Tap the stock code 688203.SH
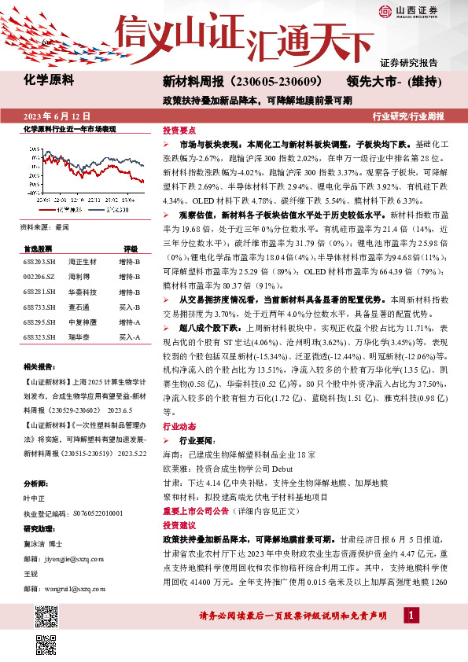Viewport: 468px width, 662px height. (x=39, y=261)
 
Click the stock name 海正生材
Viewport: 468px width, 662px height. (x=81, y=261)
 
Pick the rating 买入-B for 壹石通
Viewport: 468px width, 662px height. (x=129, y=307)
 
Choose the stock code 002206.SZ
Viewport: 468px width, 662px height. (x=39, y=276)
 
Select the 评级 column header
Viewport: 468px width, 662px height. (x=131, y=248)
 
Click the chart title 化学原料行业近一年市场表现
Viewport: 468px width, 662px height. (x=70, y=129)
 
